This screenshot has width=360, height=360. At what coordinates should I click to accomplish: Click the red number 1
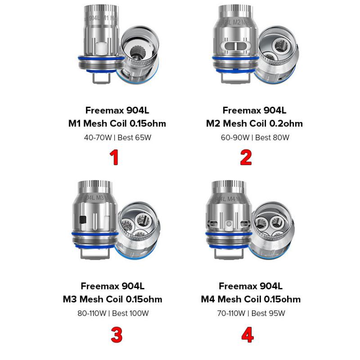[x=114, y=157]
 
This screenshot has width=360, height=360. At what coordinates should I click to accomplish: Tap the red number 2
[x=246, y=157]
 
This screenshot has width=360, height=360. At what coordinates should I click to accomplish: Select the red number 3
[x=116, y=334]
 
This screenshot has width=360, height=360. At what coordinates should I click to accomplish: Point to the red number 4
[x=247, y=334]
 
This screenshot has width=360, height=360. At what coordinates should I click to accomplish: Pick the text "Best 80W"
[x=272, y=137]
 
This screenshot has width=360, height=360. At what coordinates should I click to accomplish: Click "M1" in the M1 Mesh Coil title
[x=75, y=123]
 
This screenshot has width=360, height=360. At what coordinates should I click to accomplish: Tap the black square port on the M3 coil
[x=82, y=220]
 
